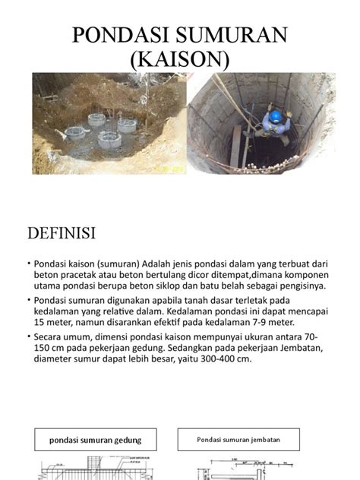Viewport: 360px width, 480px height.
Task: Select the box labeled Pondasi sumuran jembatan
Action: tap(234, 439)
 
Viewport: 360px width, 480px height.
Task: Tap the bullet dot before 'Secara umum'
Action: tap(29, 337)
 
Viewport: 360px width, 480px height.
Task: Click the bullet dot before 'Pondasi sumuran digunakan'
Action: tap(29, 301)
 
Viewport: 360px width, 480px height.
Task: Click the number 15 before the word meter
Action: tap(39, 323)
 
